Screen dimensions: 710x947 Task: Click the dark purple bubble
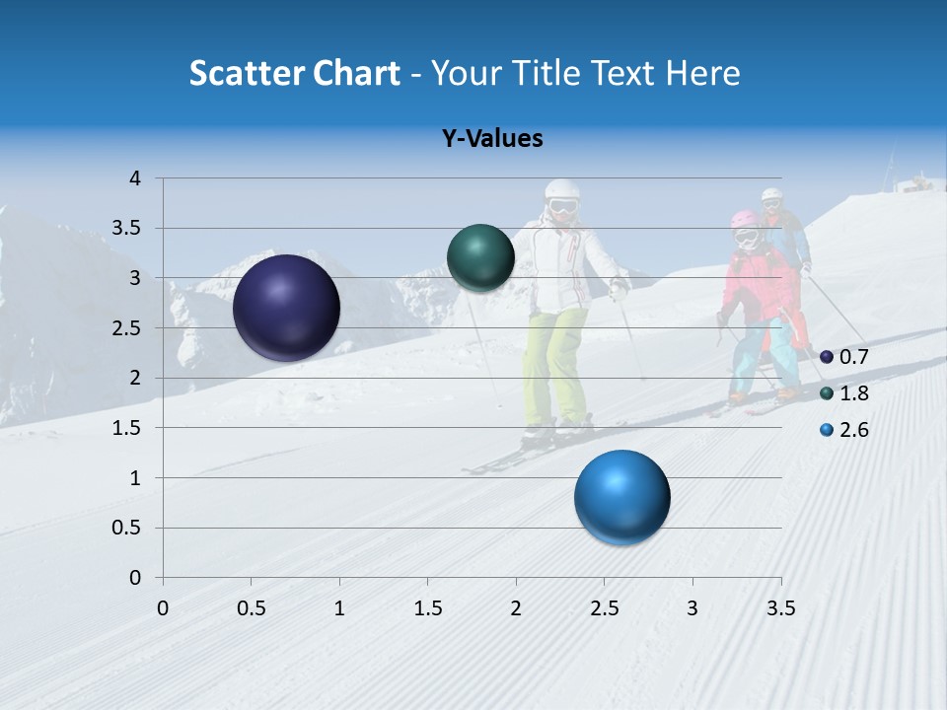[x=287, y=308]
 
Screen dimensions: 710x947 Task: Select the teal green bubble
[x=480, y=257]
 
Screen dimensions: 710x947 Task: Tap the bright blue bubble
[x=621, y=497]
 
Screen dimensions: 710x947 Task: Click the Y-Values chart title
[x=492, y=139]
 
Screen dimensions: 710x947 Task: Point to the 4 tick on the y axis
[x=135, y=178]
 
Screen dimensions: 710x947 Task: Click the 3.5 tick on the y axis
[x=129, y=229]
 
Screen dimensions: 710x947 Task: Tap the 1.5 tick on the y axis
[x=129, y=428]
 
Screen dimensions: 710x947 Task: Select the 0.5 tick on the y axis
[x=129, y=528]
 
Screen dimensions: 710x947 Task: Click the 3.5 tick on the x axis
[x=780, y=607]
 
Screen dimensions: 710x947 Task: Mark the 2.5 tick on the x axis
[x=604, y=607]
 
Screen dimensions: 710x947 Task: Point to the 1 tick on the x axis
[x=339, y=607]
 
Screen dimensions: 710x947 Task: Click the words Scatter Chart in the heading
[x=294, y=73]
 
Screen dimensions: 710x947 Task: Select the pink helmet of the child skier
[x=744, y=220]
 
